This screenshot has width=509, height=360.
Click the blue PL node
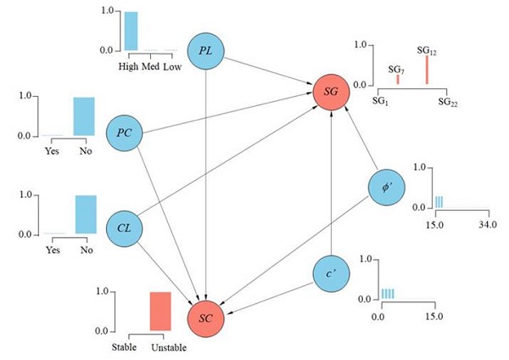205,53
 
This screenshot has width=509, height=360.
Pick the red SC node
207,317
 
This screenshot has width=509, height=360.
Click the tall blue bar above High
131,31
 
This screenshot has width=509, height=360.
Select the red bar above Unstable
160,311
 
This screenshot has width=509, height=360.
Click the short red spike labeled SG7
397,79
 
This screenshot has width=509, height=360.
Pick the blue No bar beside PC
83,116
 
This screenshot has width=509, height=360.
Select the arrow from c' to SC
270,295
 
